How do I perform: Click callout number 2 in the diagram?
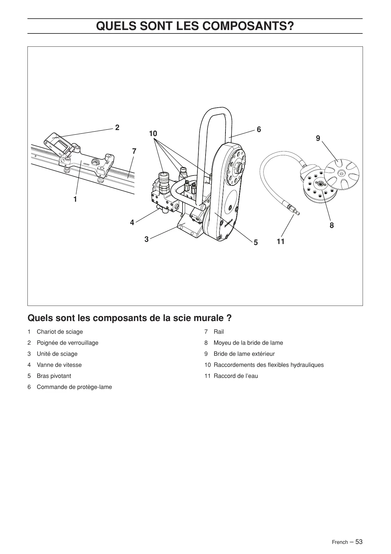pos(117,128)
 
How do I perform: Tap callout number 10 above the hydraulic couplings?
pos(153,134)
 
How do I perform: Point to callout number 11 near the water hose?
pos(281,241)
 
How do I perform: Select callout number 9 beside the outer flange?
pos(318,138)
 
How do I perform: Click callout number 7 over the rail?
pos(134,152)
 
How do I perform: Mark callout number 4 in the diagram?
pos(132,223)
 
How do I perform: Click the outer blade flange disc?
pos(342,172)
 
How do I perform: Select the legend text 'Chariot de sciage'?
pos(60,332)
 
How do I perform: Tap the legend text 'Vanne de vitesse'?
pos(59,365)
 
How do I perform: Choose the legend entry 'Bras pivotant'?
pos(54,376)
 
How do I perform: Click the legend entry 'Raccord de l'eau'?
pos(236,376)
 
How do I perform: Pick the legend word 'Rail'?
pos(219,332)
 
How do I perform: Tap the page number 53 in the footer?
pos(359,542)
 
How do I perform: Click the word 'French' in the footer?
pos(340,542)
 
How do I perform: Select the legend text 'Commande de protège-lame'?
pos(74,387)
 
